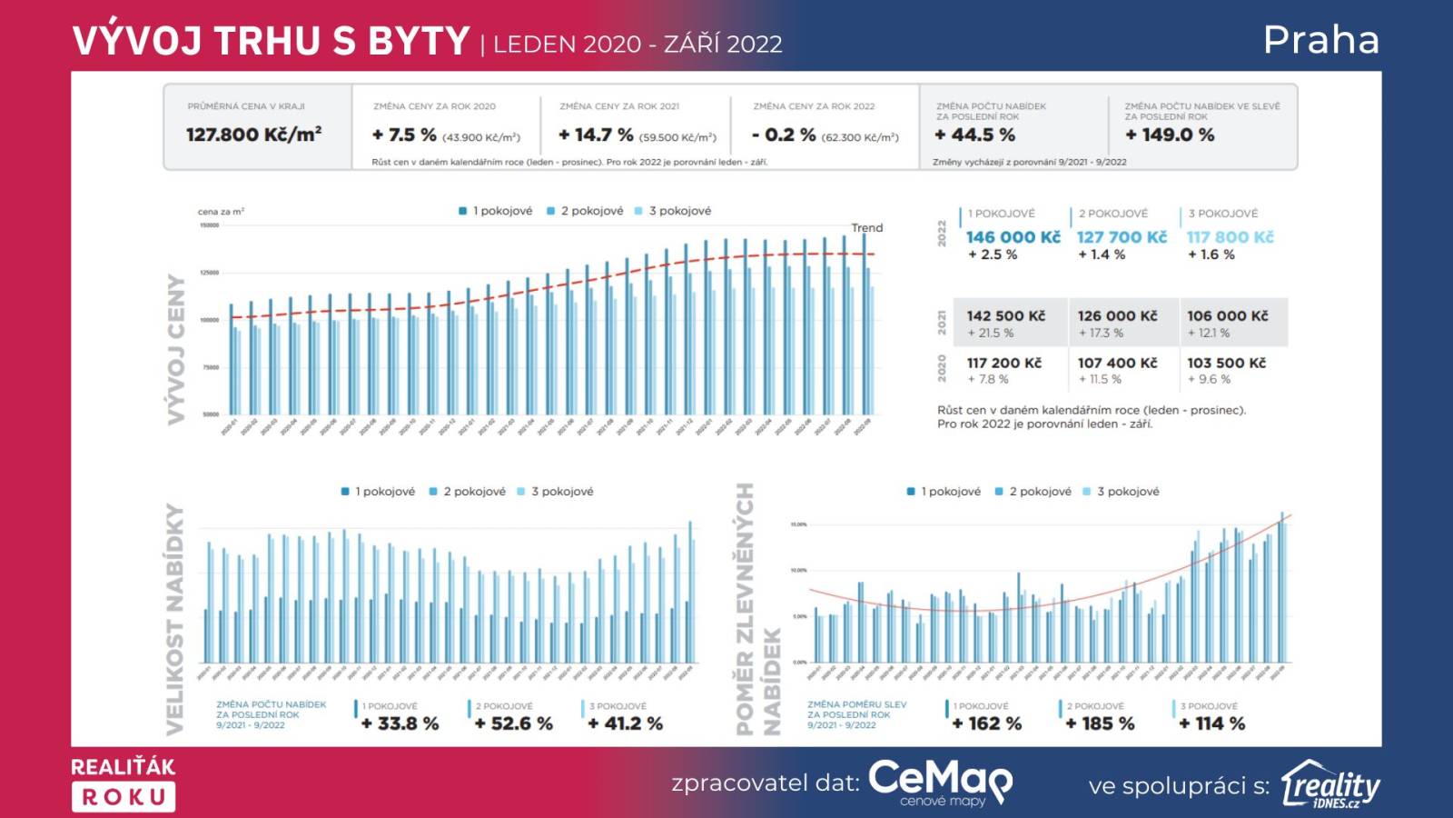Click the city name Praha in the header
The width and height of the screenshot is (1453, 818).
(1321, 40)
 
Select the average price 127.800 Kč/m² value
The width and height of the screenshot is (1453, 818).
(254, 135)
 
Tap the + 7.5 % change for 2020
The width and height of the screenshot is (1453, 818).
(404, 135)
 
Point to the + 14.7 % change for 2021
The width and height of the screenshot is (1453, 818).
(596, 135)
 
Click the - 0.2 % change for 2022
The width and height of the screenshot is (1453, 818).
(784, 135)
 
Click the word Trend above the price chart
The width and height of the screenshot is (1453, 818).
(866, 228)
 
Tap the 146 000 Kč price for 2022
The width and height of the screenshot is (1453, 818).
(1013, 237)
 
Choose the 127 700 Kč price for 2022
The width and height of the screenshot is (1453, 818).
(1122, 237)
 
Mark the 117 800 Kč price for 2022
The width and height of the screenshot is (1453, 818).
(1230, 237)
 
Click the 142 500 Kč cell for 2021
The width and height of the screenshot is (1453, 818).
(1006, 316)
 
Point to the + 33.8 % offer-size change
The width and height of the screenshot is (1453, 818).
(400, 723)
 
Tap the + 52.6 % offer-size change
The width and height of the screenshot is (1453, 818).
(513, 723)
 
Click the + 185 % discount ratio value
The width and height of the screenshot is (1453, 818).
(1100, 723)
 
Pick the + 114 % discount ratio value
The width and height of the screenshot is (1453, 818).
(1211, 723)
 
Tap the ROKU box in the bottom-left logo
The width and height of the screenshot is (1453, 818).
(124, 797)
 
